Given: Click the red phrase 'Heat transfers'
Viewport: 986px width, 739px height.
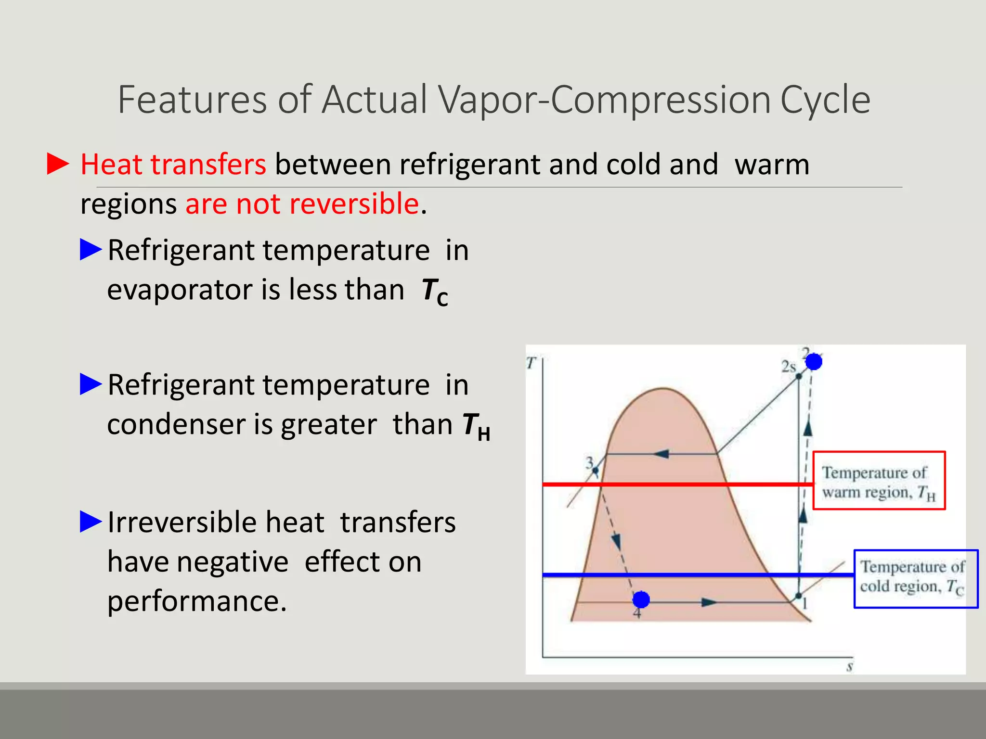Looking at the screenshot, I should (173, 165).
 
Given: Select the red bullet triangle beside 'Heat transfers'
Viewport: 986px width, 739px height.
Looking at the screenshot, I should (58, 164).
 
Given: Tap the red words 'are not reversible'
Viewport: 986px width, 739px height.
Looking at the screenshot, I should (302, 204).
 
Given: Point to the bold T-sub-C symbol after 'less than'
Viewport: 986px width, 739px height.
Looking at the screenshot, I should (434, 292).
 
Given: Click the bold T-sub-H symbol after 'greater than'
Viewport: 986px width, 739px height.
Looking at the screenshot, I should (476, 426).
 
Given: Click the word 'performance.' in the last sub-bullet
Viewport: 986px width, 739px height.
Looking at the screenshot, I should (197, 601).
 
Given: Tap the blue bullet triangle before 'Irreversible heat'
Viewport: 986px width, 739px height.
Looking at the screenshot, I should (91, 522).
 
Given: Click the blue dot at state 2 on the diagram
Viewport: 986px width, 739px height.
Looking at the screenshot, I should (814, 361).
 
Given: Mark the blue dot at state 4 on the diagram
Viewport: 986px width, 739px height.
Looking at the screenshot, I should (641, 599).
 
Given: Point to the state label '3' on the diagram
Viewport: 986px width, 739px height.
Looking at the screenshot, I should (589, 462).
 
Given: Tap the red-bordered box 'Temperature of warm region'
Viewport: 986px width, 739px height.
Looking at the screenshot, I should (879, 481).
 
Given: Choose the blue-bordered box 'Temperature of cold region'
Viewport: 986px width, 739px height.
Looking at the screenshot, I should (916, 579).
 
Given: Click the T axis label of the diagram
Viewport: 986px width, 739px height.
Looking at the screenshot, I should (531, 363).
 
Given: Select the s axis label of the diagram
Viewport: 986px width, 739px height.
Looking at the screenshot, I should (850, 667).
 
